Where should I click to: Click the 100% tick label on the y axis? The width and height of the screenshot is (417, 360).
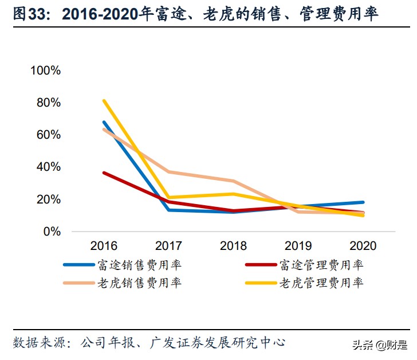[x=46, y=71]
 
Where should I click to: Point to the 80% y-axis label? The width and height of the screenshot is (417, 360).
[x=49, y=103]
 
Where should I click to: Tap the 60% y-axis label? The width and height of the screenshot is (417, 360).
[x=49, y=135]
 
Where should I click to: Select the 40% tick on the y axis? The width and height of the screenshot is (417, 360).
[x=49, y=167]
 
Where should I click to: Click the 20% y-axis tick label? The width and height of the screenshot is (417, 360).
[x=49, y=199]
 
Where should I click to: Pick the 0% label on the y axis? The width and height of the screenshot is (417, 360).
[x=52, y=232]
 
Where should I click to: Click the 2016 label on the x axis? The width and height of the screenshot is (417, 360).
[x=104, y=246]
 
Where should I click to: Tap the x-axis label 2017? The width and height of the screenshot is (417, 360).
[x=168, y=246]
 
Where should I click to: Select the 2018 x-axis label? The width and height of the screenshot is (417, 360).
[x=233, y=246]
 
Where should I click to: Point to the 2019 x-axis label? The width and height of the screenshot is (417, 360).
[x=298, y=246]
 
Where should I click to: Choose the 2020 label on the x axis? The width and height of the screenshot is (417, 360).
[x=363, y=246]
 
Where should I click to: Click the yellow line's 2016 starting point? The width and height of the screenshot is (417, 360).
[x=104, y=101]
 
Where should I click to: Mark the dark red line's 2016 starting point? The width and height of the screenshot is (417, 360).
[x=104, y=173]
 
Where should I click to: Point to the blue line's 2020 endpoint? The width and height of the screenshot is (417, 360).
[x=363, y=202]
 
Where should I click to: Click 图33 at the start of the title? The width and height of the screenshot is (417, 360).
[x=27, y=14]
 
